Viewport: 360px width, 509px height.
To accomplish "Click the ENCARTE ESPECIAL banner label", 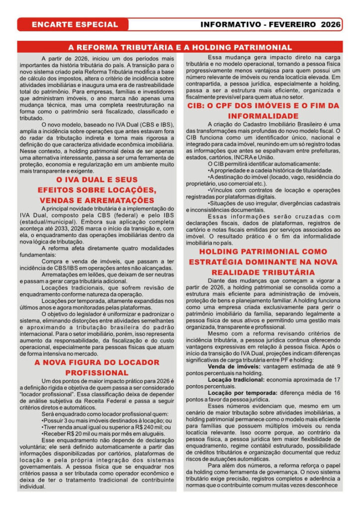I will click(x=75, y=24).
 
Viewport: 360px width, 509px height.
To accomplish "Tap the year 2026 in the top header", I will click(x=330, y=24).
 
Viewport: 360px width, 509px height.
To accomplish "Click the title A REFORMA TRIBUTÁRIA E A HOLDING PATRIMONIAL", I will click(x=180, y=48).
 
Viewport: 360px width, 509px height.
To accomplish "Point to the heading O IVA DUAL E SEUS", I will click(x=97, y=179).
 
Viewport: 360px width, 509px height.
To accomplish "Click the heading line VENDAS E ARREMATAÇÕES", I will click(x=97, y=200).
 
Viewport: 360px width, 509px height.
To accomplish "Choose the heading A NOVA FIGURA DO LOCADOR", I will click(x=97, y=362).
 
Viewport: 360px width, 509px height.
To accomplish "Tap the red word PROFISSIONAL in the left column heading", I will click(x=97, y=373).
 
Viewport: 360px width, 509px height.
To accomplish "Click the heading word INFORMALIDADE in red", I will click(x=263, y=116).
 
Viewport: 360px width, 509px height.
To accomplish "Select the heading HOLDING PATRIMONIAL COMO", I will click(x=263, y=252).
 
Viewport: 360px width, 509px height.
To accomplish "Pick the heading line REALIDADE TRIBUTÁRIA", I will click(x=263, y=272).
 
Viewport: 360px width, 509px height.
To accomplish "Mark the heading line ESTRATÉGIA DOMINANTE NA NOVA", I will click(x=263, y=262).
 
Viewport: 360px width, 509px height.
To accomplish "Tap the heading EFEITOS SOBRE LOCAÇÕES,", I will click(x=97, y=190).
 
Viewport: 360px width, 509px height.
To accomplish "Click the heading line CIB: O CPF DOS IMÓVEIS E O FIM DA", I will click(x=263, y=106).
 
